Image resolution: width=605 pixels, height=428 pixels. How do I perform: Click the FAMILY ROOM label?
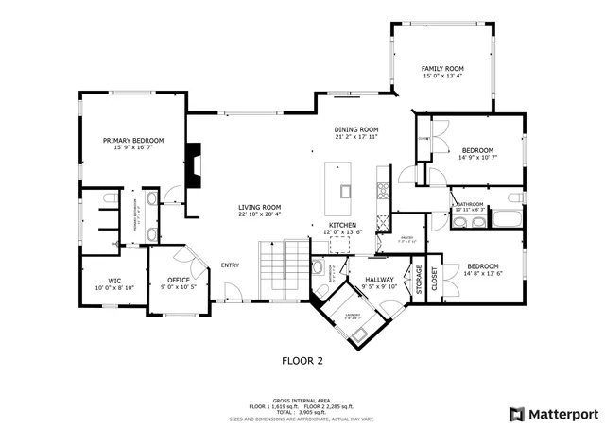point(442,69)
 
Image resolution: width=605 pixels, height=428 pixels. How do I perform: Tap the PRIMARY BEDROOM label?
point(133,140)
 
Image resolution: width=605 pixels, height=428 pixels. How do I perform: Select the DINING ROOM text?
point(355,129)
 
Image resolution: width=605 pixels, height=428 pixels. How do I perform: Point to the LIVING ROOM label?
point(260,207)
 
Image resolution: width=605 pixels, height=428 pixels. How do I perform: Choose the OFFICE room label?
point(179,280)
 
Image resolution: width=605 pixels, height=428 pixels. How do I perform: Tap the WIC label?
point(114,280)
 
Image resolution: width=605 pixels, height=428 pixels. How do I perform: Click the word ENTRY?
point(231,265)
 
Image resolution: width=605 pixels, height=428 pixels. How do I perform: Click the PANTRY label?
point(407,238)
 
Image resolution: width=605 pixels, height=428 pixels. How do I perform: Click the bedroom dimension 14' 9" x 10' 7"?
point(477,159)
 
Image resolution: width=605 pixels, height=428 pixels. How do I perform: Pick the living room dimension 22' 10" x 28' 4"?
point(260,214)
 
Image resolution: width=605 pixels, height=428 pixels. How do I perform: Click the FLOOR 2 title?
point(302,360)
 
